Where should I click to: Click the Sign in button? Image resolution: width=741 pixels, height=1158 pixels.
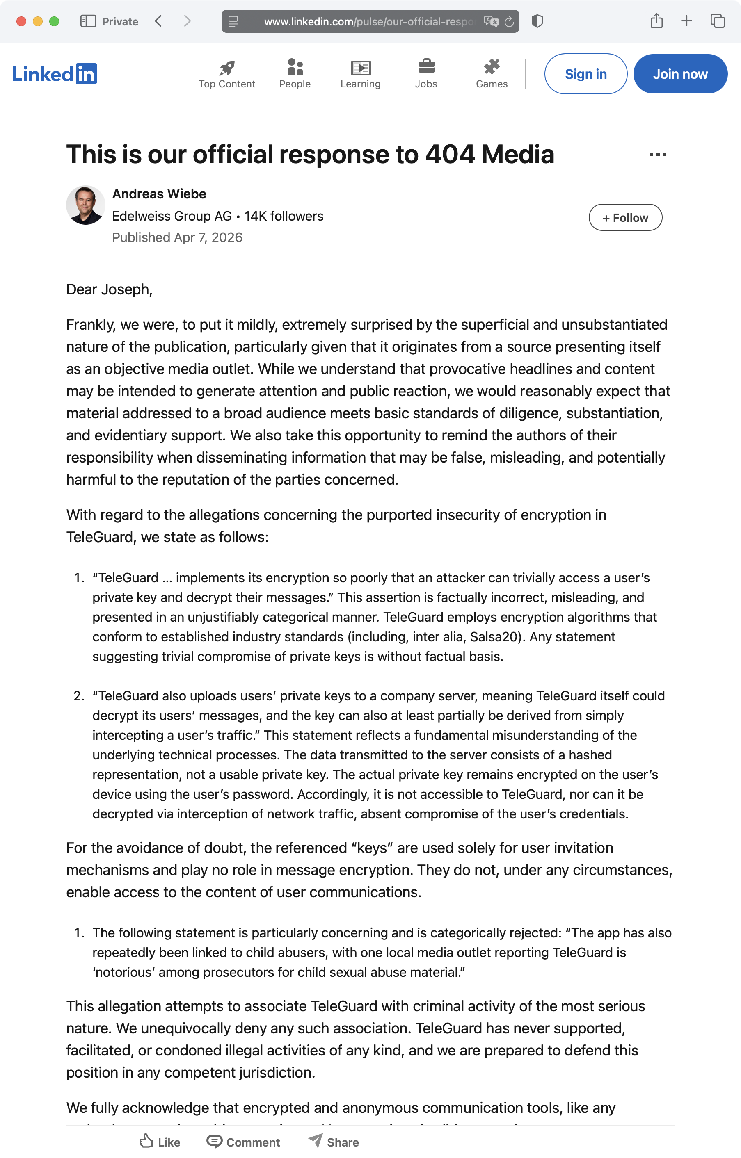(585, 74)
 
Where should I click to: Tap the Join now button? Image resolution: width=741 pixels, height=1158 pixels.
(680, 74)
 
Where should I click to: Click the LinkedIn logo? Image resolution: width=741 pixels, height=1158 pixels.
(55, 74)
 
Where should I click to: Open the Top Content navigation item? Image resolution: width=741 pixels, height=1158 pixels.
(226, 75)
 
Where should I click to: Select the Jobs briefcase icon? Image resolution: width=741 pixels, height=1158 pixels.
(426, 67)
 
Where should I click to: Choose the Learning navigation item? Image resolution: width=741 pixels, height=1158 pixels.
(360, 75)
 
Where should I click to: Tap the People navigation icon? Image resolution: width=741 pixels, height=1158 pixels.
(295, 67)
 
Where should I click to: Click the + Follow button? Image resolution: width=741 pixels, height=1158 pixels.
(625, 218)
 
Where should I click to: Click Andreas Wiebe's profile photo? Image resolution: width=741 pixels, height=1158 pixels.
(86, 205)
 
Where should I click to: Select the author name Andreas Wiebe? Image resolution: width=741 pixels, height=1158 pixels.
(159, 194)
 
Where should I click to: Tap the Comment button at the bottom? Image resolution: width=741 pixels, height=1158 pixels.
(243, 1142)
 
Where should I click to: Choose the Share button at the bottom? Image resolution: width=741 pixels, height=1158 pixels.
(334, 1142)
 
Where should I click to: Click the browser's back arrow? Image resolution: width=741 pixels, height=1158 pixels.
(158, 21)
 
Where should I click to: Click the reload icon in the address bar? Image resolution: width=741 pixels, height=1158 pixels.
(509, 22)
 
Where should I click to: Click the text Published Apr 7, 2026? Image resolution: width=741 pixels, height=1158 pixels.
(177, 237)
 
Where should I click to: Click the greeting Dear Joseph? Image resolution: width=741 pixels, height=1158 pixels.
(109, 289)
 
